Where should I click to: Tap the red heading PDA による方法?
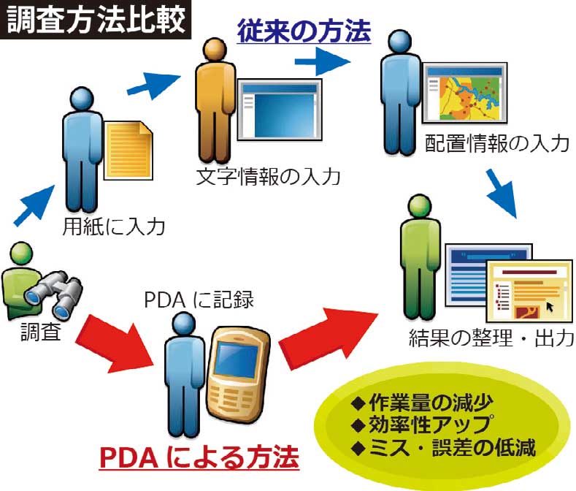tap(199, 458)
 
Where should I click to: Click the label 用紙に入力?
tap(113, 226)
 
